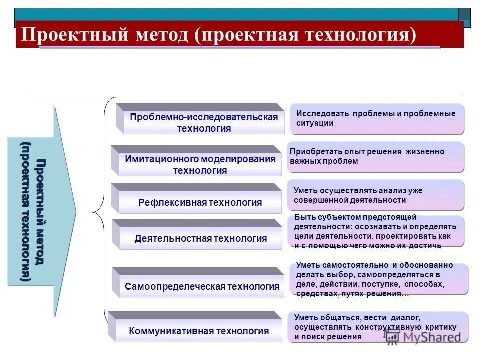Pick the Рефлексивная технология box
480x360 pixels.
(200, 202)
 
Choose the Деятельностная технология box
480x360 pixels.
(200, 238)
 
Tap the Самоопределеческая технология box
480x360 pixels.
(202, 286)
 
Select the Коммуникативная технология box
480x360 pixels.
(199, 331)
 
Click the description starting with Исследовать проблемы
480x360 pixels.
(377, 119)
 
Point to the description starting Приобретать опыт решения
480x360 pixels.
(375, 157)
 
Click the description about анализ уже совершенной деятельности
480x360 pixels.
(375, 195)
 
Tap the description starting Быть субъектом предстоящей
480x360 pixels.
(375, 231)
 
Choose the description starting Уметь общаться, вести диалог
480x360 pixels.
(378, 327)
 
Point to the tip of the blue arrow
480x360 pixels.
(75, 212)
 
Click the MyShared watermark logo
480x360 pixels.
(424, 337)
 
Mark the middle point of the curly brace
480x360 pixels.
(94, 212)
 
